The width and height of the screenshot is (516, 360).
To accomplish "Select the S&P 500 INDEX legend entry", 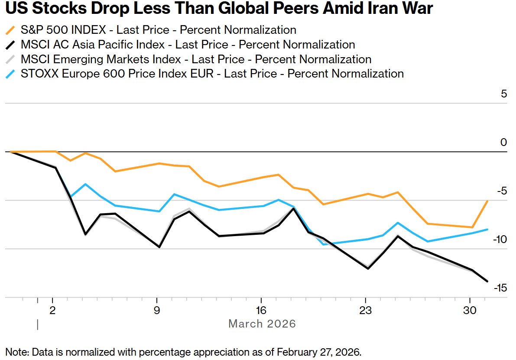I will click(158, 30).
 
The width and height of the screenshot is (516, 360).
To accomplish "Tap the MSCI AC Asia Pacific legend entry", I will click(188, 45).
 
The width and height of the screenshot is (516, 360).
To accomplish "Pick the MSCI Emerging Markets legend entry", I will click(196, 59).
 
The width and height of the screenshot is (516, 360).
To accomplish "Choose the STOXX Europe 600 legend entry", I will click(212, 74).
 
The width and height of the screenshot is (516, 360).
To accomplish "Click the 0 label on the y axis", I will click(504, 142).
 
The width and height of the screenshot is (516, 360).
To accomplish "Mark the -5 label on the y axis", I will click(502, 191).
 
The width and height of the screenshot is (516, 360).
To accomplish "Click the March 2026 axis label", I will click(262, 324).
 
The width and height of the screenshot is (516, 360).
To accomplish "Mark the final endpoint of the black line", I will click(487, 281).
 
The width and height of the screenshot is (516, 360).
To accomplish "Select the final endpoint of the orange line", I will click(487, 201).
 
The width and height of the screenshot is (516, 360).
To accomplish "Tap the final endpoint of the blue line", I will click(487, 229).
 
